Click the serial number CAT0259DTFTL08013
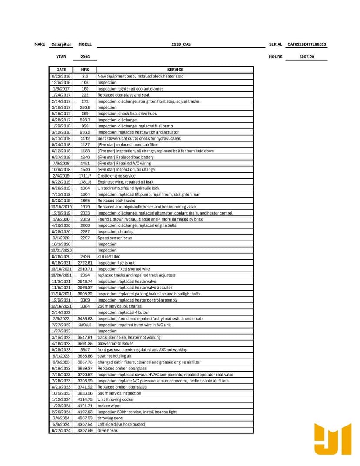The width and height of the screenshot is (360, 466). tap(307, 44)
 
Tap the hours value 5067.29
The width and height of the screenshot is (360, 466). tap(307, 57)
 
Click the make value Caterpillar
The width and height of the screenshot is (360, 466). tap(61, 44)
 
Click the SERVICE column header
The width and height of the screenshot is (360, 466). tap(175, 70)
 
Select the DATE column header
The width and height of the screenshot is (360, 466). tap(61, 70)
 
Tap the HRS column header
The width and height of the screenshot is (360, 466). tap(85, 70)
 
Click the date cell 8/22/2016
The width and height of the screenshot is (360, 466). tap(61, 76)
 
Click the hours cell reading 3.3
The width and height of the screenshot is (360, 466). tap(85, 76)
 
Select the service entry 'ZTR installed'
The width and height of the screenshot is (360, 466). tap(109, 257)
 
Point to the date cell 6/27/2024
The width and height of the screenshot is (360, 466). tap(61, 431)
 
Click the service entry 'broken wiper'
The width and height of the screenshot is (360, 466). tap(109, 406)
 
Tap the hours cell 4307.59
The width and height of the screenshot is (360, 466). tap(85, 431)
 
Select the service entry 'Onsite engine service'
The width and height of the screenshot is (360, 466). tap(117, 176)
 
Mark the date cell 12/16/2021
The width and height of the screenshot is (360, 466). tap(61, 306)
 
